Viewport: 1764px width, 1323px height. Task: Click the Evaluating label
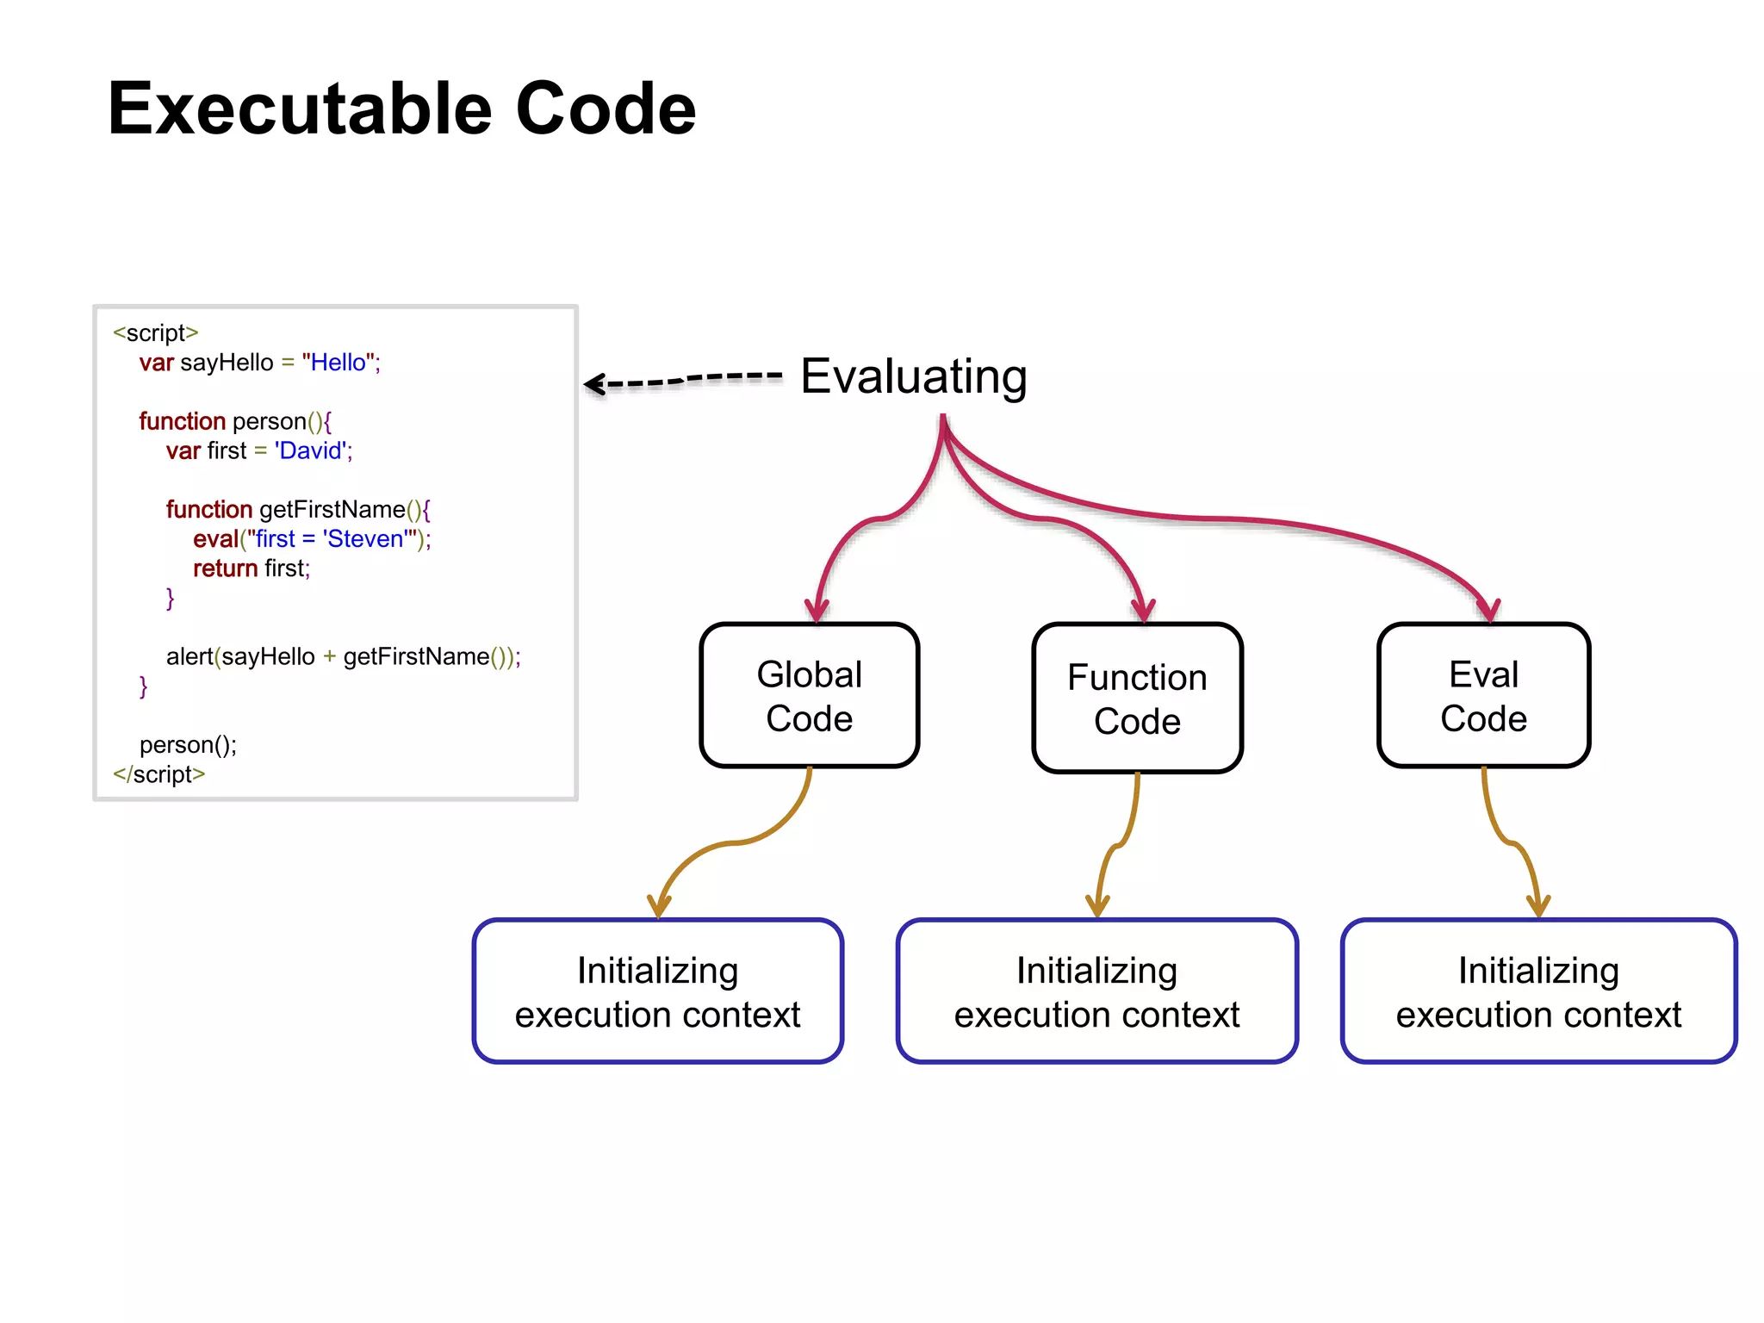click(913, 376)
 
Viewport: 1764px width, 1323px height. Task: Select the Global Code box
click(809, 696)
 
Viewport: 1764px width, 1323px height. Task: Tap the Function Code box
click(1137, 699)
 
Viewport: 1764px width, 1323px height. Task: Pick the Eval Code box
click(1483, 696)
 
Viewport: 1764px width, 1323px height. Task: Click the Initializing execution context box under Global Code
click(657, 991)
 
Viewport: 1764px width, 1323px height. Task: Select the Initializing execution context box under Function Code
click(1096, 991)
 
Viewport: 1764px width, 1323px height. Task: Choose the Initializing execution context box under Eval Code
click(1538, 991)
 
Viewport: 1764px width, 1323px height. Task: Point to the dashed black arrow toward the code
click(680, 380)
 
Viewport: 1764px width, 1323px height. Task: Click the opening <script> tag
click(156, 332)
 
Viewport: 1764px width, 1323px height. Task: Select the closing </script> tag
click(159, 774)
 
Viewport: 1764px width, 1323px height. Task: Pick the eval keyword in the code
click(214, 539)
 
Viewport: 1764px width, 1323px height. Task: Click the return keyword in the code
click(225, 568)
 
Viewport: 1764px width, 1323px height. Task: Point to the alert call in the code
click(189, 657)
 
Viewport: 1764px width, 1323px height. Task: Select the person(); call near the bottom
click(188, 745)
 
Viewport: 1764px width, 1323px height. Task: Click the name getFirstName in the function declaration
click(332, 510)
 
